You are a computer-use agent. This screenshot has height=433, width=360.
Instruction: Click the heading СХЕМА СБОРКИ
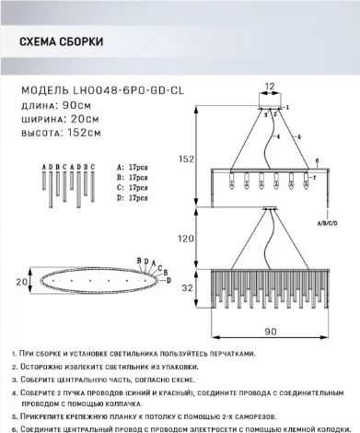(x=60, y=42)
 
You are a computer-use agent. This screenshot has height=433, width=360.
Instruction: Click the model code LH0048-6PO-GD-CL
(x=110, y=92)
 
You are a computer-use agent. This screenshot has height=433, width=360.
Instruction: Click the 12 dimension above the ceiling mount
(x=270, y=88)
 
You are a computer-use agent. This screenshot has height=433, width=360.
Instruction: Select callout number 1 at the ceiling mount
(x=287, y=109)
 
